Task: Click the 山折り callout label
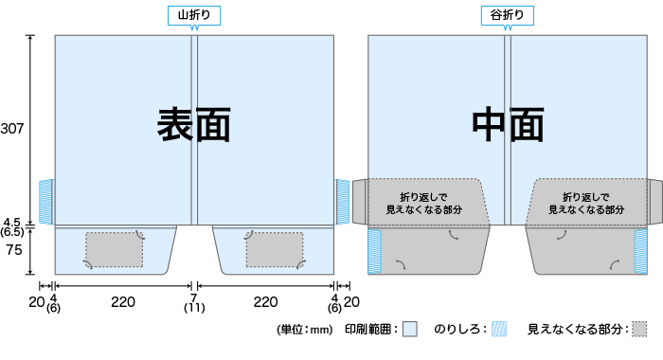194,14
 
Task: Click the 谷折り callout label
508,14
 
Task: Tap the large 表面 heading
194,124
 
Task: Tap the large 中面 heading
508,124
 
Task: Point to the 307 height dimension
12,127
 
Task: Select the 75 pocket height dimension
12,250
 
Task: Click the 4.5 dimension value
12,222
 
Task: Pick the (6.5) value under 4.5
12,232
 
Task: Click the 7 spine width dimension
194,297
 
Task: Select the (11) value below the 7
194,308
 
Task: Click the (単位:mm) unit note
304,330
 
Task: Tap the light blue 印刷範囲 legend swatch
409,330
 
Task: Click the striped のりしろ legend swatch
498,330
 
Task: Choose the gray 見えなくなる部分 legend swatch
639,330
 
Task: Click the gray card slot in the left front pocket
115,249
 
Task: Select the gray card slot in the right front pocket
274,249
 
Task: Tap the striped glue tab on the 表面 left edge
45,201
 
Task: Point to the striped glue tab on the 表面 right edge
343,201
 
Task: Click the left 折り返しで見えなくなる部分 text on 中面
421,201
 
